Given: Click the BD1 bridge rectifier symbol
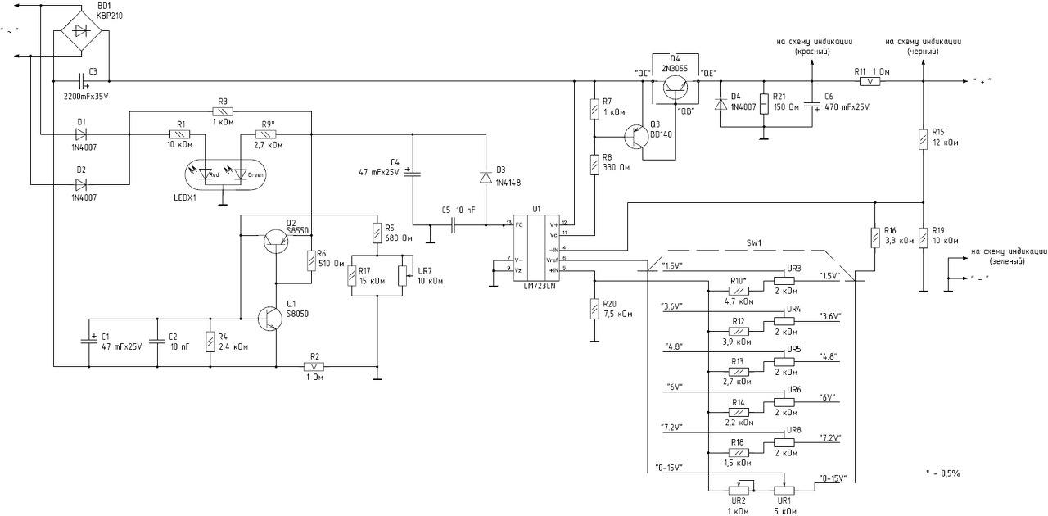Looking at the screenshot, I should [82, 31].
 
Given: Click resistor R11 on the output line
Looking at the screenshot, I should [874, 81].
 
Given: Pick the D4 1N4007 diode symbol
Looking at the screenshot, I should [721, 104].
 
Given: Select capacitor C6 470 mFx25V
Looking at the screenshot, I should [812, 105].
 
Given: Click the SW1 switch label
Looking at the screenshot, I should [753, 243].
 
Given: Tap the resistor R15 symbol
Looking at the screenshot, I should [924, 138].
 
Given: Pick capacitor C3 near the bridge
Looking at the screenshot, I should [81, 81].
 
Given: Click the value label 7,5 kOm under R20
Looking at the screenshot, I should [617, 312].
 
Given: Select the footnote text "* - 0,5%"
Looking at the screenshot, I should [942, 473].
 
